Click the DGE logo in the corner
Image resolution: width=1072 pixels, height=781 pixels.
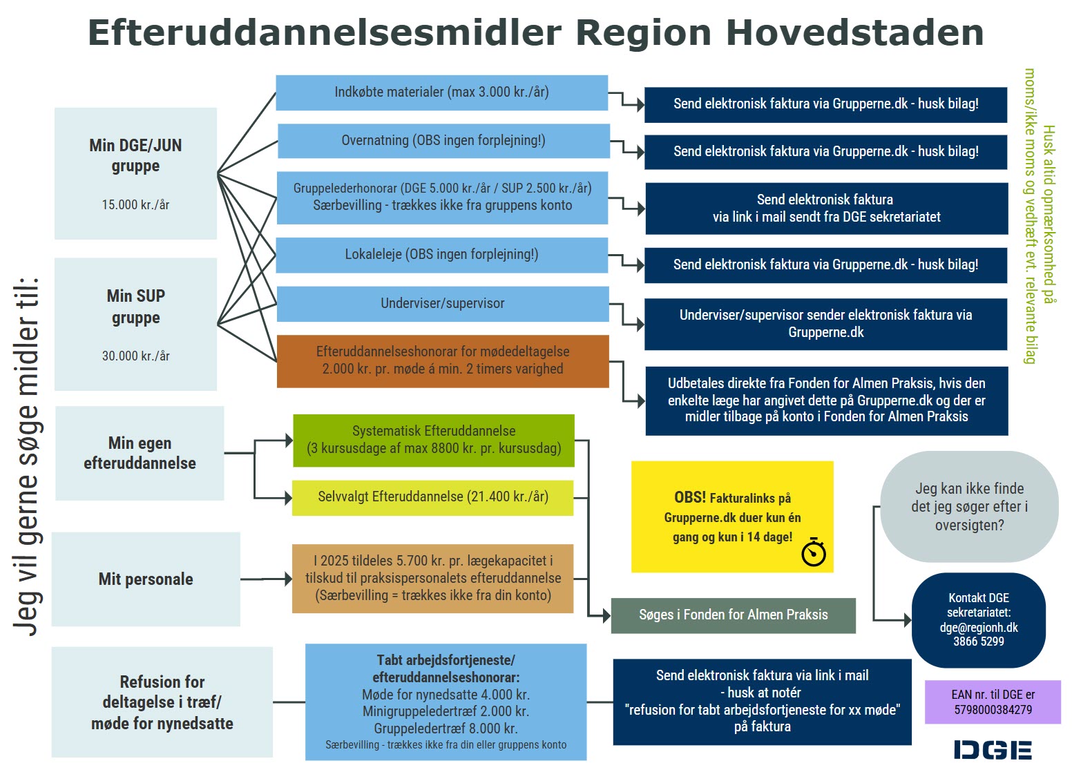[992, 750]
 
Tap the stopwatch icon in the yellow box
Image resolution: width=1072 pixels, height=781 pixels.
[814, 552]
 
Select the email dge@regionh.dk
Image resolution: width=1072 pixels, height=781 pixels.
[979, 628]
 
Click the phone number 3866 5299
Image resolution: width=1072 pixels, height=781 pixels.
[979, 642]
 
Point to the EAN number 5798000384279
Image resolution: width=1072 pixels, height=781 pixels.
[993, 710]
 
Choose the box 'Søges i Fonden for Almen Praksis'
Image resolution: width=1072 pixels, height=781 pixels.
[733, 615]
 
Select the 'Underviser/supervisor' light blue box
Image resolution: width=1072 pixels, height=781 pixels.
[442, 303]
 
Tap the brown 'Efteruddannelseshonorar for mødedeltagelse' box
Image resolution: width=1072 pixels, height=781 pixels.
[442, 360]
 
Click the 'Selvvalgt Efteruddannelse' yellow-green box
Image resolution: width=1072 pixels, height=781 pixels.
[432, 497]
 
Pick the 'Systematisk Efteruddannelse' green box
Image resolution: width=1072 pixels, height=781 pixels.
[433, 440]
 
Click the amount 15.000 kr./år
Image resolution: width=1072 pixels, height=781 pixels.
[135, 205]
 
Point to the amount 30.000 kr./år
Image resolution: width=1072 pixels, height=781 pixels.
[135, 356]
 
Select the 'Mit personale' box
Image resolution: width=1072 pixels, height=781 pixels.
[146, 579]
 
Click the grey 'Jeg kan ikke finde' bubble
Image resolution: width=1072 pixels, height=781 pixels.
[968, 507]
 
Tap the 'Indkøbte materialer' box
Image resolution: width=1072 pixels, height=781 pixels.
[441, 93]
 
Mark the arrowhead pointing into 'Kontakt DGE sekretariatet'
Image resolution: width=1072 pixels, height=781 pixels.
[908, 620]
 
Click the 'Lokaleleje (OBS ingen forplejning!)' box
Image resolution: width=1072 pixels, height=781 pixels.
[441, 255]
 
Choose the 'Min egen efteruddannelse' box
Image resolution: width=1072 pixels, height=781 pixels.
[140, 453]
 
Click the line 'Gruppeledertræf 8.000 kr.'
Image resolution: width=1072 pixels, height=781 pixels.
[446, 729]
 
